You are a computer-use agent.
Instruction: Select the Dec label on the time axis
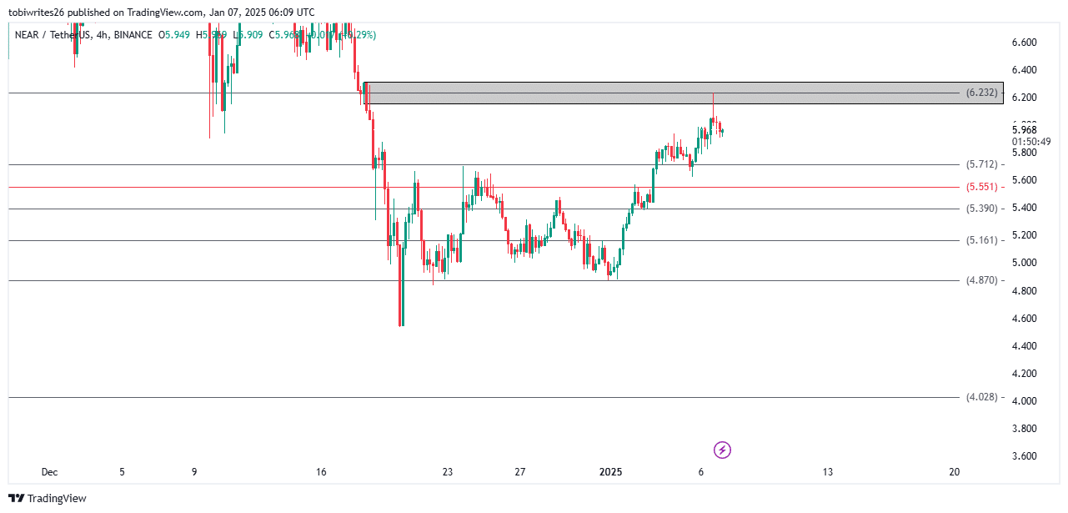[49, 472]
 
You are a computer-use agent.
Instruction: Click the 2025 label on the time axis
[611, 472]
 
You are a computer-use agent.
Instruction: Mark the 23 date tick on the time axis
[448, 472]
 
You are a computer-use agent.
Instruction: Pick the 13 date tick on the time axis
[827, 472]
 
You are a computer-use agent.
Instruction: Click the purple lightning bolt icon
[723, 450]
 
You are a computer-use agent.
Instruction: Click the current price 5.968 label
[1024, 129]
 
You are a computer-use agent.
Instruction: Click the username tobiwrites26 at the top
[43, 12]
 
